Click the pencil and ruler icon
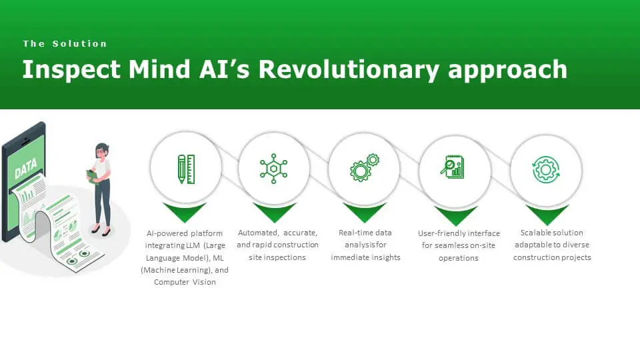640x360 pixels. click(186, 169)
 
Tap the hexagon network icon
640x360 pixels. click(273, 169)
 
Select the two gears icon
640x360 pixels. click(365, 168)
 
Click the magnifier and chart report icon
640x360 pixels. click(452, 167)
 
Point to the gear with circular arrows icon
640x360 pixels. click(546, 169)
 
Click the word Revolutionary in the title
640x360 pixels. click(349, 69)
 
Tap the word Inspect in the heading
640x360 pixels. click(71, 69)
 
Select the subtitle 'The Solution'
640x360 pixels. click(65, 44)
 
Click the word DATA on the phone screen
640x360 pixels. click(26, 169)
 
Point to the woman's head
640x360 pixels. click(102, 151)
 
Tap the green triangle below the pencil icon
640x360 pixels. click(185, 212)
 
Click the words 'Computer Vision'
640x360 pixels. click(185, 282)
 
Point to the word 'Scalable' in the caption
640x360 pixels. click(536, 233)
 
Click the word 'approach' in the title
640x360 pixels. click(508, 70)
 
